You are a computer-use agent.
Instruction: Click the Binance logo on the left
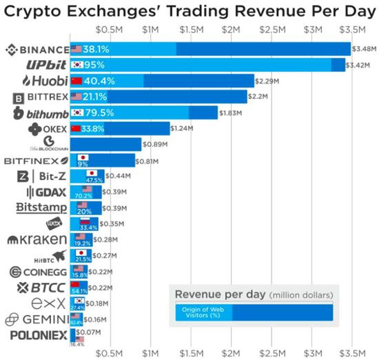[37, 50]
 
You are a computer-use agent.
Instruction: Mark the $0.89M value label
[154, 145]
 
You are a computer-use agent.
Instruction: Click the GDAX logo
[47, 192]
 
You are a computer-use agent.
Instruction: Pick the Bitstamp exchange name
[41, 208]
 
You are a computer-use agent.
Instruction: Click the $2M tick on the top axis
[232, 30]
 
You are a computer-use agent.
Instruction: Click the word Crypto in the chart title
[34, 10]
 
